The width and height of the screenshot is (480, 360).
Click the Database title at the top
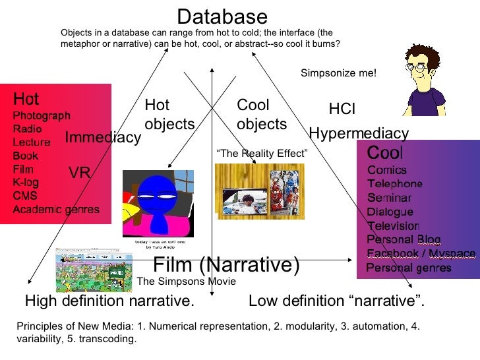tap(222, 16)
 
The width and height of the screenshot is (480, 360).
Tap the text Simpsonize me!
tap(338, 73)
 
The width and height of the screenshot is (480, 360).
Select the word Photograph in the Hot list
tap(42, 115)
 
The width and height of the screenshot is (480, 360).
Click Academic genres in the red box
tap(56, 209)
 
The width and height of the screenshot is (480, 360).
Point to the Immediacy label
tap(103, 137)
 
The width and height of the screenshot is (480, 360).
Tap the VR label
tap(79, 173)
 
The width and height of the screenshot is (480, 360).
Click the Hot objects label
tap(169, 115)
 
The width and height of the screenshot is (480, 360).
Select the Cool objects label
tap(261, 115)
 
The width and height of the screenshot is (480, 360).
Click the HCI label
tap(342, 109)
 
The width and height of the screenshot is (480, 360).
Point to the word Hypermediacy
tap(359, 133)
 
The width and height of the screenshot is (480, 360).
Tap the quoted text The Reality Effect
tap(262, 154)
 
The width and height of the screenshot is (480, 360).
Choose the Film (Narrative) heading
tap(226, 265)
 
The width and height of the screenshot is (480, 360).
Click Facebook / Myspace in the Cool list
tap(420, 254)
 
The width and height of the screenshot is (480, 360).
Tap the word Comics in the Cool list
tap(386, 170)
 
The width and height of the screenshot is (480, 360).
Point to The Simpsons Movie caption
tap(186, 282)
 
